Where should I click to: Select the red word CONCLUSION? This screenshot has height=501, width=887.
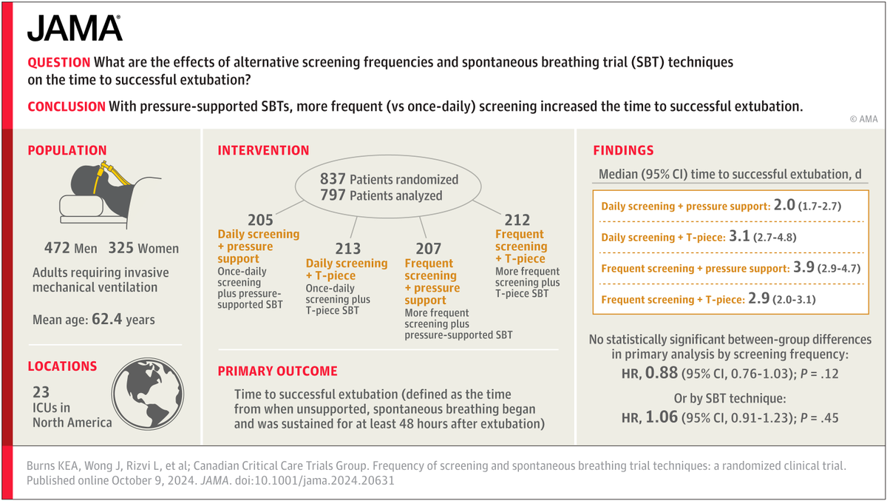(x=67, y=107)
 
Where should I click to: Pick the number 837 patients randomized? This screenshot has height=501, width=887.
(x=333, y=180)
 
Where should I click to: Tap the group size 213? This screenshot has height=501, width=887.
(x=348, y=249)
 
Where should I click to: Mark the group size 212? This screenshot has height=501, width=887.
(x=517, y=220)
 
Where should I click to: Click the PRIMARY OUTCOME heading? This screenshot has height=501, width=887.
(x=277, y=371)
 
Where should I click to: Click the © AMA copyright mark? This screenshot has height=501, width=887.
(x=862, y=118)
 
